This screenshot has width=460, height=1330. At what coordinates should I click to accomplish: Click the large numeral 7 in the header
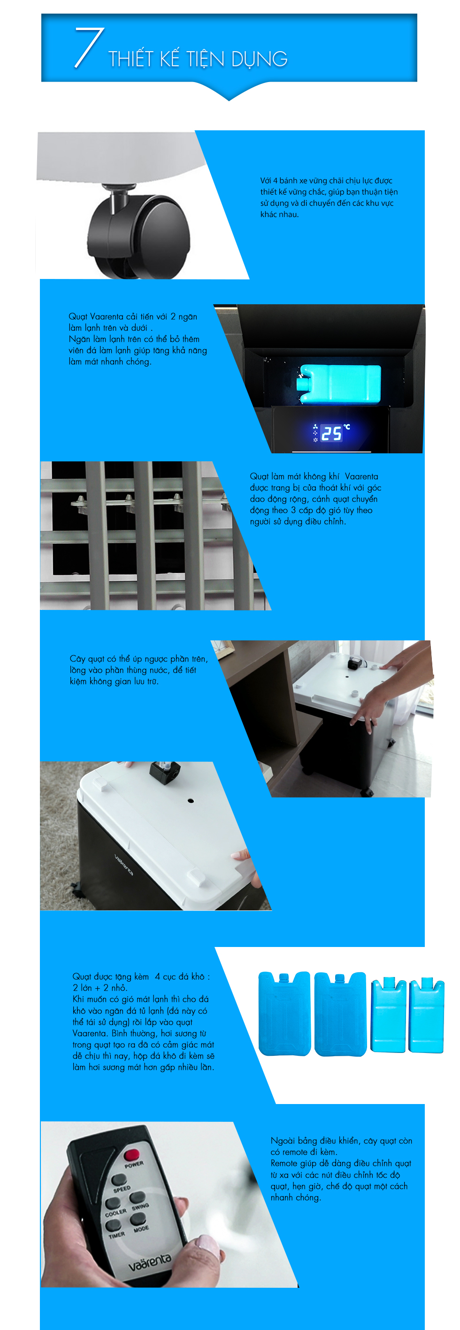pos(89,47)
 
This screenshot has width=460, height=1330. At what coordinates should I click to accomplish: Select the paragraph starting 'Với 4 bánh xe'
pos(329,197)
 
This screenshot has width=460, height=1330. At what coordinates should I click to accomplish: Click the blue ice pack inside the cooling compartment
pos(338,383)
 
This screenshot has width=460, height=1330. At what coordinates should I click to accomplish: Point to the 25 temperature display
pos(331,433)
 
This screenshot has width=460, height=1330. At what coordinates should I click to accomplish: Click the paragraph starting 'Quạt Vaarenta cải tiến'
pos(138,338)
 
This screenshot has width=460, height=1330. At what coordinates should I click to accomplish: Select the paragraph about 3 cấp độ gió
pos(315,499)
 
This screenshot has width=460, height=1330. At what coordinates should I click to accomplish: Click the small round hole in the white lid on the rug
pos(191,801)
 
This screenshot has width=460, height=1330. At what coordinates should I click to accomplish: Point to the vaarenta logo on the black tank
pos(123,864)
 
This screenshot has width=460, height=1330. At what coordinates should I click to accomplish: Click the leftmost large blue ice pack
pos(284,1014)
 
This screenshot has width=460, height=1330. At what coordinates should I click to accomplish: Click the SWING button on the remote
pos(137,1197)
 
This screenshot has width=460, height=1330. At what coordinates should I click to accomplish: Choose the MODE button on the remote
pos(138,1219)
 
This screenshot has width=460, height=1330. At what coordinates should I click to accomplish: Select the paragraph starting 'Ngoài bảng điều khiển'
pos(341,1169)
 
